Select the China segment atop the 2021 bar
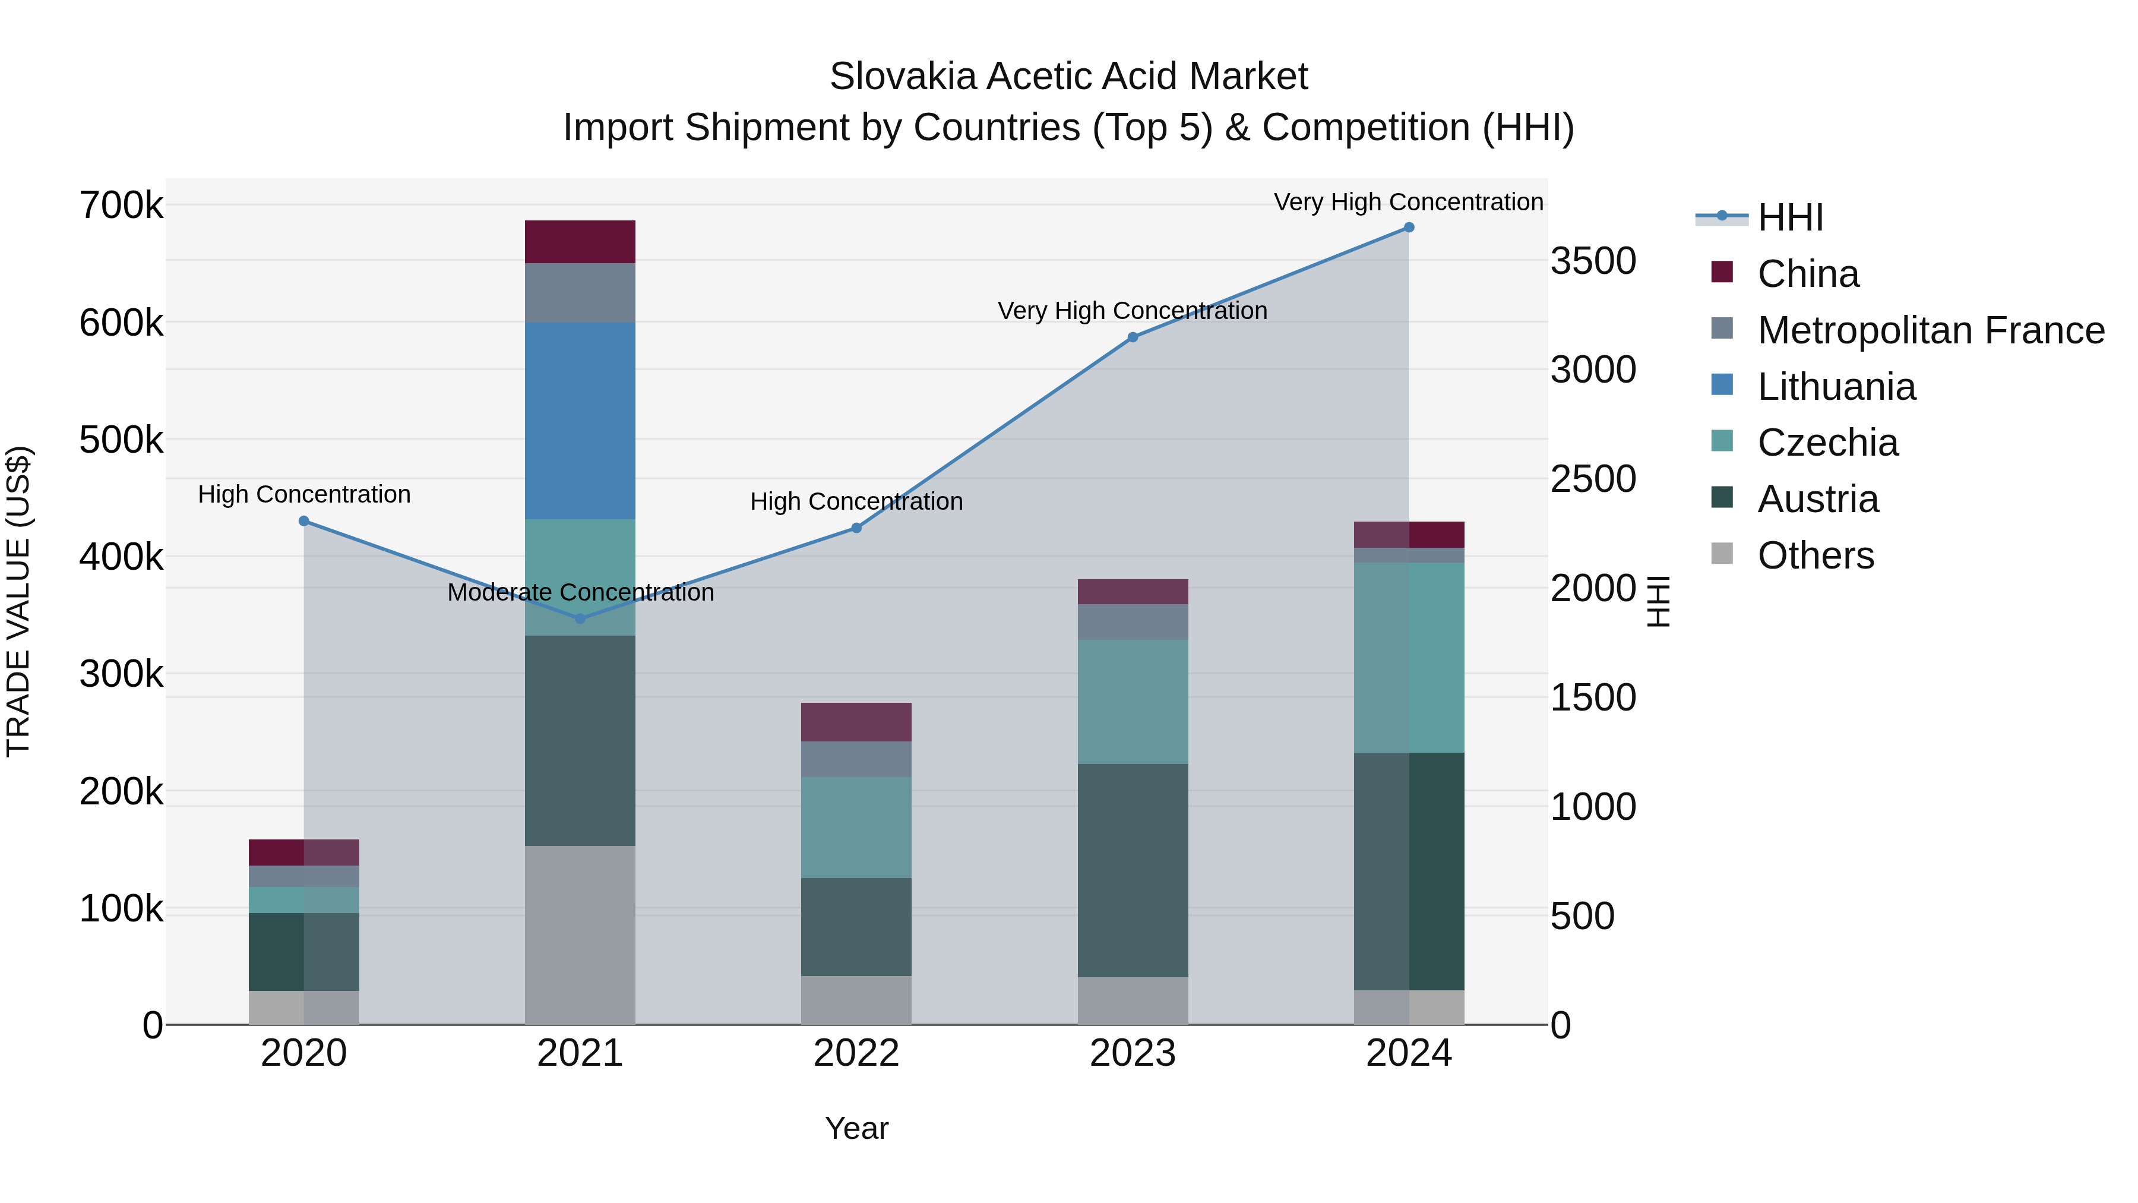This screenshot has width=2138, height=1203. tap(580, 242)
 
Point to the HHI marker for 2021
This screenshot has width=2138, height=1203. tap(580, 618)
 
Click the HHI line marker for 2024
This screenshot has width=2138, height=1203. tap(1409, 228)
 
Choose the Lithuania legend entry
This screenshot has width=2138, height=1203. tap(1836, 387)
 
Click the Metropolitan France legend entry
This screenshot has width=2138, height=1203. tap(1931, 330)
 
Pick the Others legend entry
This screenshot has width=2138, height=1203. tap(1815, 555)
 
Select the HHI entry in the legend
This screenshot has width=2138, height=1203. tap(1790, 217)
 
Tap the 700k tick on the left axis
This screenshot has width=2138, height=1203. tap(121, 205)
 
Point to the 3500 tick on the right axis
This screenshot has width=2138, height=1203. tap(1593, 261)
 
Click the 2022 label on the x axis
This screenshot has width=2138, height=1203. tap(856, 1053)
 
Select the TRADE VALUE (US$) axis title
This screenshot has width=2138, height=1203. tap(19, 601)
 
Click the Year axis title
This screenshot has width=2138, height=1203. tap(856, 1128)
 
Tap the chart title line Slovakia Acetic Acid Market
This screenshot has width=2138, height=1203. tap(1068, 77)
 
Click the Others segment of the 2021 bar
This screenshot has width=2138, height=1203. tap(580, 935)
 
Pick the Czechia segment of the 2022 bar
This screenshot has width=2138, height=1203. tap(856, 827)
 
